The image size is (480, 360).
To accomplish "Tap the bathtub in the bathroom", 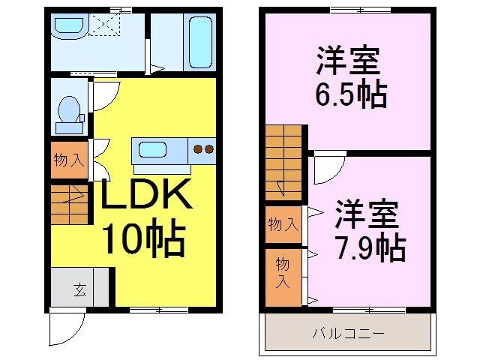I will [199, 41].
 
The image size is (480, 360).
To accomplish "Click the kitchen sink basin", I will [152, 149].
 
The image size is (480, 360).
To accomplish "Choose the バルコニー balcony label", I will [348, 332].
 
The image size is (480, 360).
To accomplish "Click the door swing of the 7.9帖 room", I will [328, 168].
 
